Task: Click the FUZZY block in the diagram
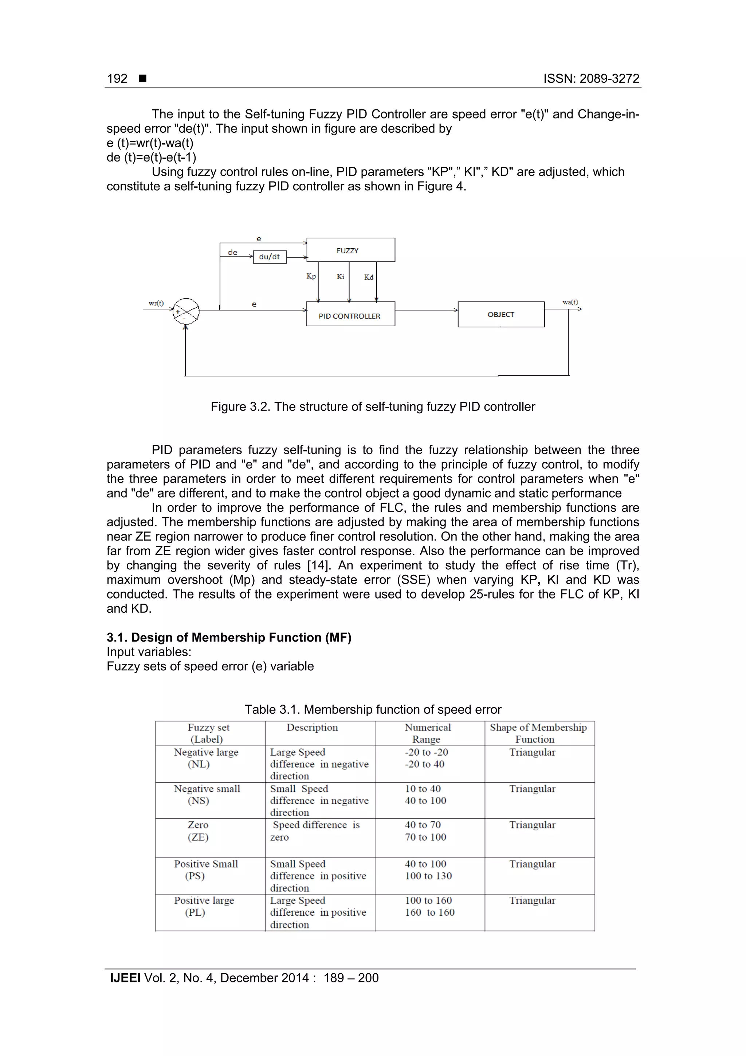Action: tap(350, 250)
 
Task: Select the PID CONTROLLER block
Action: tap(350, 315)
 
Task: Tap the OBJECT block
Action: tap(500, 315)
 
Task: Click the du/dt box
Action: tap(270, 257)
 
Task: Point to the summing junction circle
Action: tap(186, 312)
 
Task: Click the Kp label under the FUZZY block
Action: tap(311, 276)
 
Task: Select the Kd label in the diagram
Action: tap(369, 277)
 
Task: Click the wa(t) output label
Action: tap(570, 302)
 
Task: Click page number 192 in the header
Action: tap(117, 79)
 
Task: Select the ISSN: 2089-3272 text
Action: tap(591, 79)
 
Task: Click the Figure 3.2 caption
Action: tap(373, 406)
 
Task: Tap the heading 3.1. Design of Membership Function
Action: tap(229, 638)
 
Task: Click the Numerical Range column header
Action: tap(428, 733)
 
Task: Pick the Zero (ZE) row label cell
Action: tap(199, 831)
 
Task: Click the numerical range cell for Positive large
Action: tap(429, 907)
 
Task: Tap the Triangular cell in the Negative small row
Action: tap(532, 789)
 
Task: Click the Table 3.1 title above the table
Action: tap(373, 709)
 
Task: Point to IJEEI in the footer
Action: tap(125, 978)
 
